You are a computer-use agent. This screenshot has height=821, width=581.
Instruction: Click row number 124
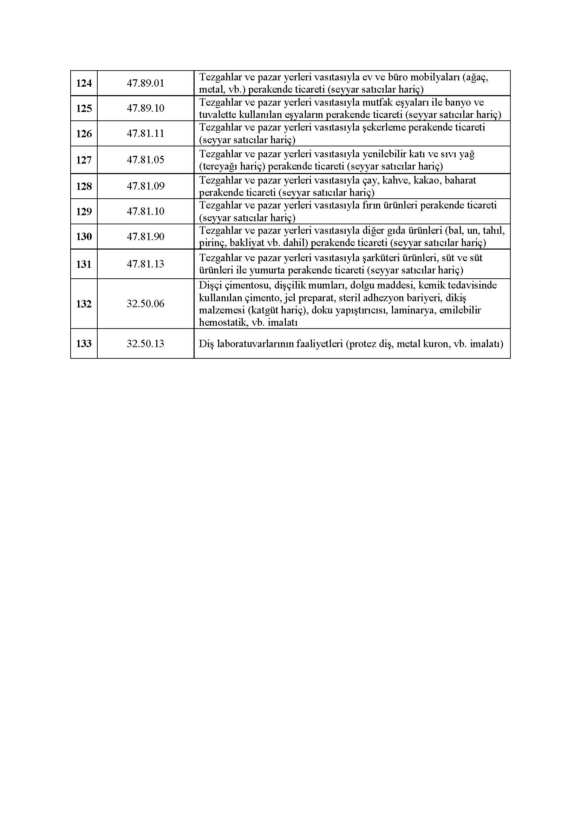coord(84,83)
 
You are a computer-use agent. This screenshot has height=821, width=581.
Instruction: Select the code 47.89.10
coord(145,108)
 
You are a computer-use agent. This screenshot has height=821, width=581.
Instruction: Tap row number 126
coord(84,134)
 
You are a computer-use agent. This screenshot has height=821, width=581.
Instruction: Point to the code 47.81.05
coord(145,160)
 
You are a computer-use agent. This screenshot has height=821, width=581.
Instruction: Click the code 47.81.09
coord(145,186)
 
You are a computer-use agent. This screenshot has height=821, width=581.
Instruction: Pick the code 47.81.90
coord(145,237)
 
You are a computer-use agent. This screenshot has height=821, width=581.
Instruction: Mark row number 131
coord(84,264)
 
